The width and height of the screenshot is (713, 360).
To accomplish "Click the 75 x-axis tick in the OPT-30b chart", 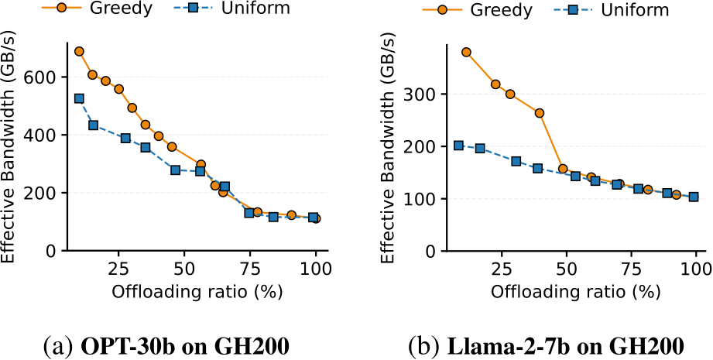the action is [249, 268].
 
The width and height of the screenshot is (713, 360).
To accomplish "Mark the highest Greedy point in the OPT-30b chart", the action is [79, 51].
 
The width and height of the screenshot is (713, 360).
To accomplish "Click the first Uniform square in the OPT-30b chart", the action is [79, 98].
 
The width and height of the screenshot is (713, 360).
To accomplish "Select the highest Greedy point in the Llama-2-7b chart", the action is [466, 53].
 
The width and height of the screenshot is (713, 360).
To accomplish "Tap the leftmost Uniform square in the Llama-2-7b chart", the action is [458, 146].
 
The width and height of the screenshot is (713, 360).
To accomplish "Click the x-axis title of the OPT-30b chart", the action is [197, 291].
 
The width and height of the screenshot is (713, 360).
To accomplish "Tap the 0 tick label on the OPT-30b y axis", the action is [53, 251].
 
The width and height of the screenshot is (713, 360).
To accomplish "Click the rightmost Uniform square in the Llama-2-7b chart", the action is [694, 197].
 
